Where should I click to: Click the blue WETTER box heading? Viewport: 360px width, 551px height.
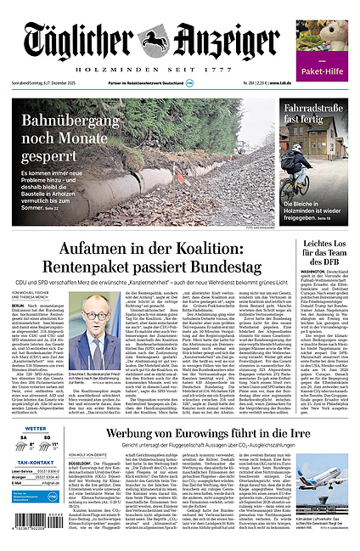pyautogui.click(x=36, y=430)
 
